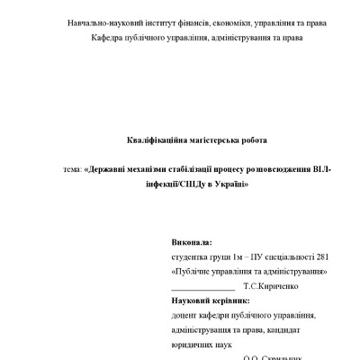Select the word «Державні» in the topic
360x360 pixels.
click(106, 169)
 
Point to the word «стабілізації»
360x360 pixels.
click(188, 169)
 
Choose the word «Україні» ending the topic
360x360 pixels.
click(229, 184)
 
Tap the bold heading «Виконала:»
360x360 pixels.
click(191, 242)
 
